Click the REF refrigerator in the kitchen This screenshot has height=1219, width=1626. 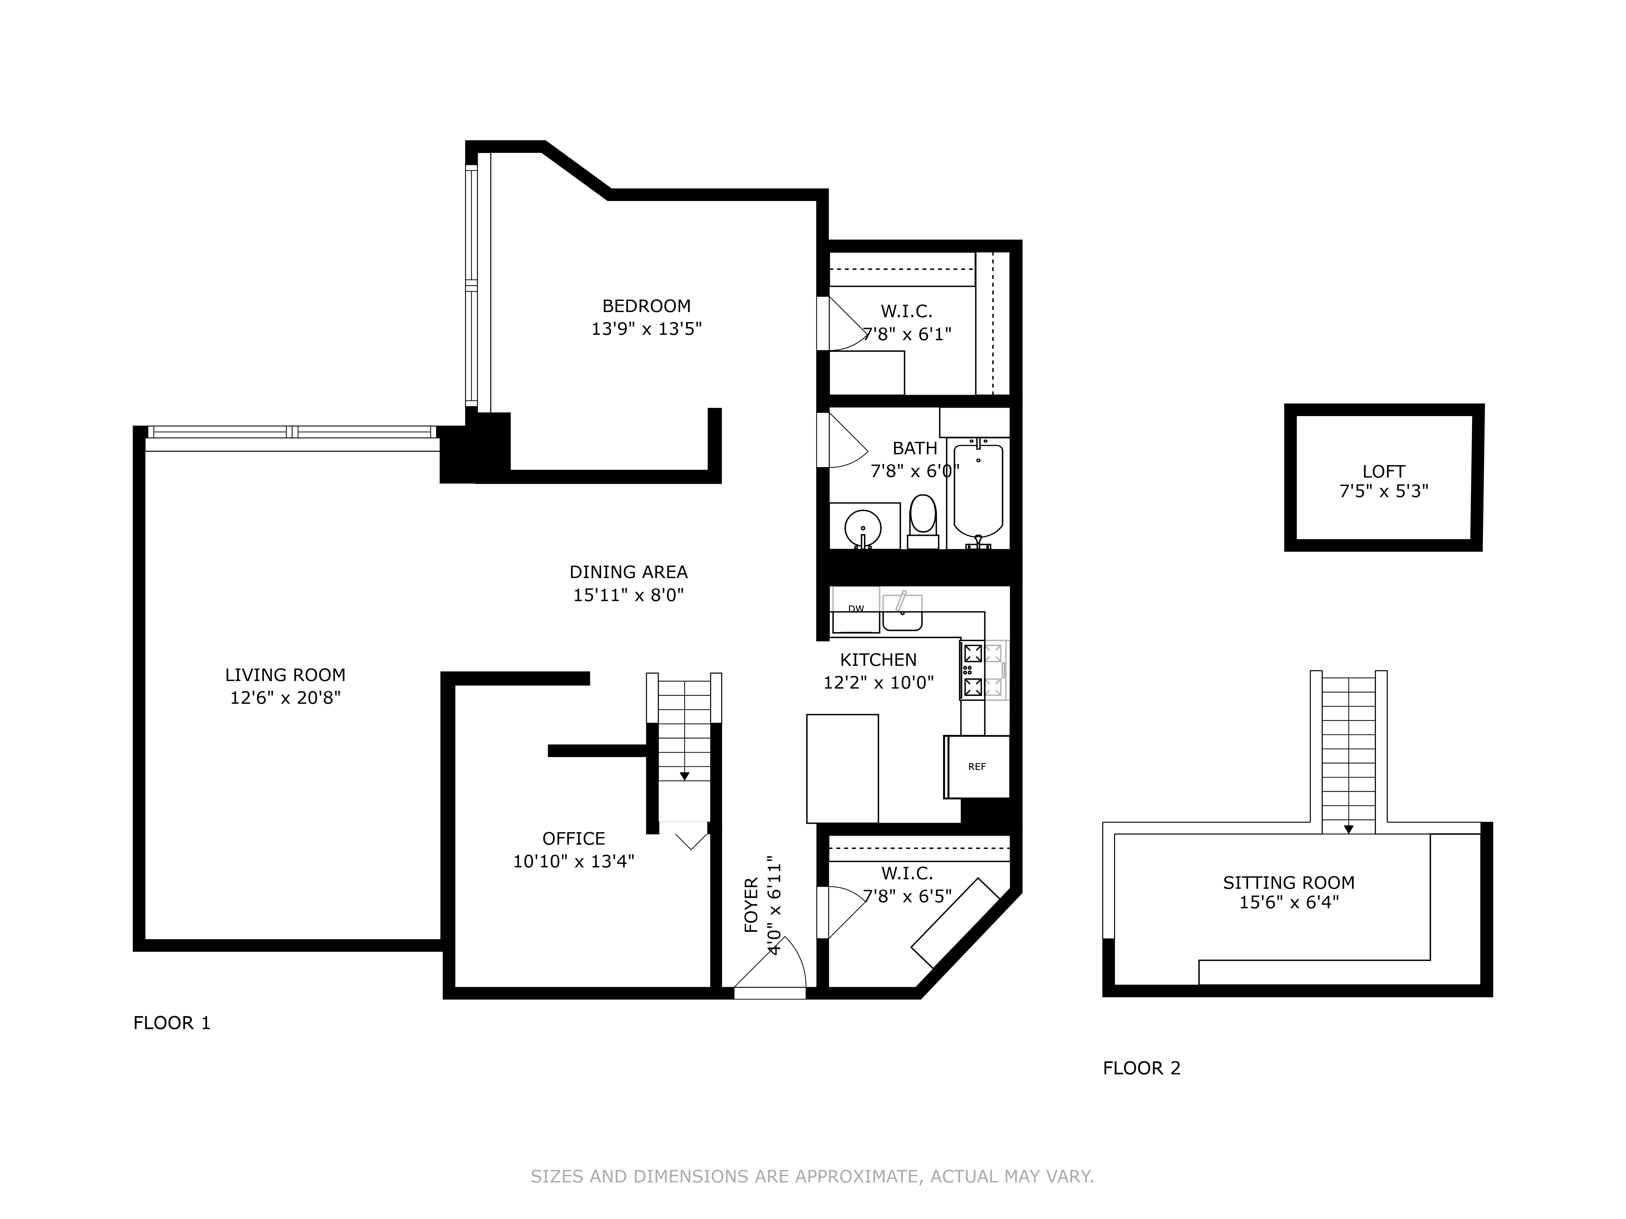click(977, 766)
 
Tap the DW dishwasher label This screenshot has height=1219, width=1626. click(856, 608)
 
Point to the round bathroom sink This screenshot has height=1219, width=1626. click(863, 527)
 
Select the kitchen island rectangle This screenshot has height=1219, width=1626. click(842, 769)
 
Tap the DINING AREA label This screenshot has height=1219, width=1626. click(628, 572)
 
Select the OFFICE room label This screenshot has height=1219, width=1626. click(573, 838)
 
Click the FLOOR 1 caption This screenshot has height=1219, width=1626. click(172, 1023)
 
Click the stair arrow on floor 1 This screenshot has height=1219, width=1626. click(684, 775)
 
